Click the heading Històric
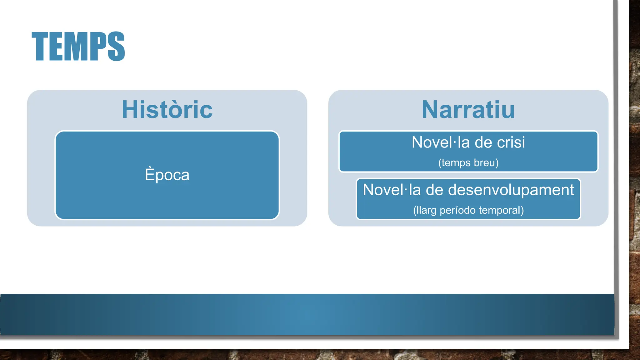click(x=167, y=110)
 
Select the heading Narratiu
click(x=468, y=110)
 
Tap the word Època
click(x=167, y=175)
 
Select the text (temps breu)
click(x=468, y=163)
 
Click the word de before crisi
click(x=484, y=142)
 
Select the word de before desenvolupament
click(x=434, y=190)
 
